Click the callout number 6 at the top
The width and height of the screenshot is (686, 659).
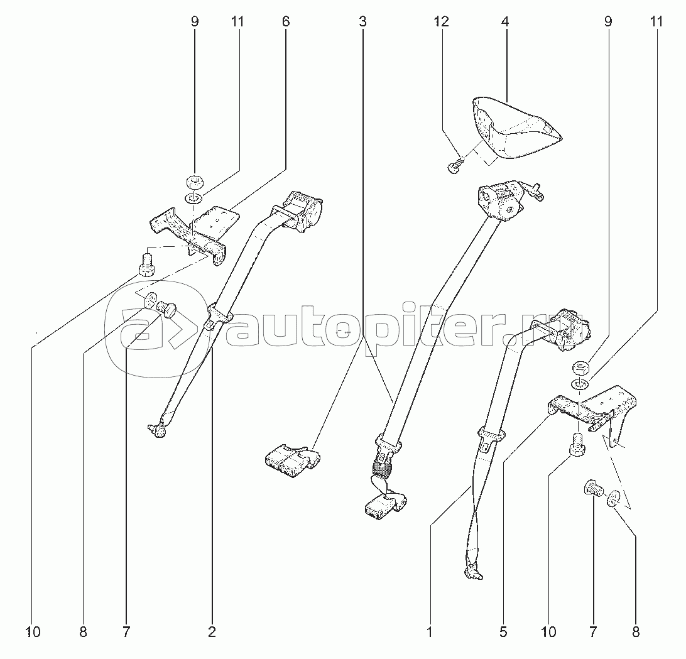[x=286, y=21]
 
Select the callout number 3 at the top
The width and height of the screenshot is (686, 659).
[x=362, y=21]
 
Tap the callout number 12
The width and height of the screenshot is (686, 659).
[x=442, y=21]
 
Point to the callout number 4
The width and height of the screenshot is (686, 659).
[x=505, y=21]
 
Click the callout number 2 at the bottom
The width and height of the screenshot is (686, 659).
[x=212, y=632]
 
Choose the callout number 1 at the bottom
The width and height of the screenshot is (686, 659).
[x=430, y=632]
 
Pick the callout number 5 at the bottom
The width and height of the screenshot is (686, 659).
[x=503, y=632]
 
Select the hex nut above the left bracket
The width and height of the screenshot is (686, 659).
[x=194, y=180]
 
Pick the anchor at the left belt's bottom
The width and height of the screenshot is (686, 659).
[x=158, y=429]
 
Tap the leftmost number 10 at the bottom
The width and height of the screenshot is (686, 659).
[x=33, y=632]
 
